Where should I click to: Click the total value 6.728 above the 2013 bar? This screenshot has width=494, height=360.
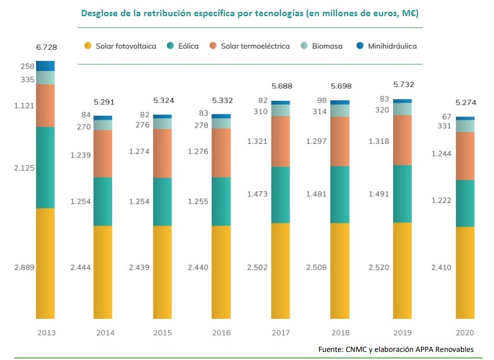pos(45,47)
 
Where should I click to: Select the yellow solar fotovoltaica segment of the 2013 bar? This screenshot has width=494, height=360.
pos(45,262)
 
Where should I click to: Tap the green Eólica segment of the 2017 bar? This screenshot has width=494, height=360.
pos(280,194)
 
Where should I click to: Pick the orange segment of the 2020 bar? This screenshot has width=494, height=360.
pos(465,156)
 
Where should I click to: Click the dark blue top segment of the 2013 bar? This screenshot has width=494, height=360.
pos(45,66)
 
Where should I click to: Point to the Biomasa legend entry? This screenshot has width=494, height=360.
pos(323,46)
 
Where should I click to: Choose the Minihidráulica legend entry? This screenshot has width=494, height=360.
pos(387,46)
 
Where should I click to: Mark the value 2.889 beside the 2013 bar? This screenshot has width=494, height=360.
pos(24,267)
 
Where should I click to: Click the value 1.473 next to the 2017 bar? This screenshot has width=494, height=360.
pos(257,194)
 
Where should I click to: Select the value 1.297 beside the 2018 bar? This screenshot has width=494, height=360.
pos(317,141)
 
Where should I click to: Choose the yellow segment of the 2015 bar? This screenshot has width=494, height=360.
pos(162,269)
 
